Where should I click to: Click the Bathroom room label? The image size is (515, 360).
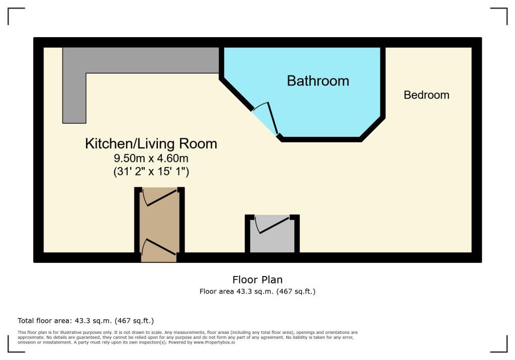coord(318,80)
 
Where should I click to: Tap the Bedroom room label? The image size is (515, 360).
coord(426,95)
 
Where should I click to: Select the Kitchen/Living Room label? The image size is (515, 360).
coord(151,144)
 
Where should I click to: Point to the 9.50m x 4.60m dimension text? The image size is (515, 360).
coord(151,159)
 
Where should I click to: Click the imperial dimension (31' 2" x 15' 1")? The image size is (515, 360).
coord(151,172)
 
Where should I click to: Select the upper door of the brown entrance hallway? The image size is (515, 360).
coord(160,198)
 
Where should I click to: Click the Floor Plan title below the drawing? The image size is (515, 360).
coord(257,280)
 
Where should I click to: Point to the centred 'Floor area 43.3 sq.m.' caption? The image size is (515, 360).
coord(257,291)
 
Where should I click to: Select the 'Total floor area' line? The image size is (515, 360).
coord(85,321)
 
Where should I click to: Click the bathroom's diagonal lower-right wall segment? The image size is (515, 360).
coord(373,128)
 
